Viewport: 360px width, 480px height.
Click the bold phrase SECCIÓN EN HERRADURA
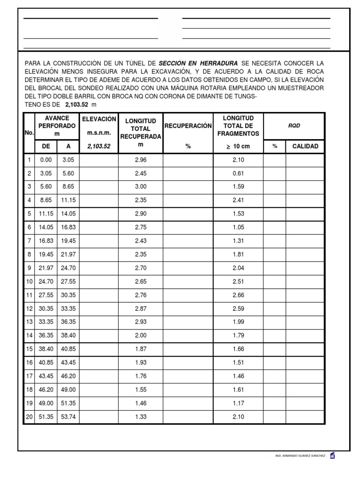pyautogui.click(x=198, y=63)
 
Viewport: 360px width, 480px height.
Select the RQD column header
pyautogui.click(x=293, y=126)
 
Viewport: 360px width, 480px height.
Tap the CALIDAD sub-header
pyautogui.click(x=305, y=146)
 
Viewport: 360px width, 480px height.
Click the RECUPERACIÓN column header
pyautogui.click(x=188, y=126)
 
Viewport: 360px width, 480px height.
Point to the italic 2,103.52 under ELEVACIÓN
pyautogui.click(x=98, y=146)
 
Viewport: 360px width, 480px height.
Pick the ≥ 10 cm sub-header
pyautogui.click(x=238, y=146)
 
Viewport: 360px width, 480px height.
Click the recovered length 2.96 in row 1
pyautogui.click(x=141, y=160)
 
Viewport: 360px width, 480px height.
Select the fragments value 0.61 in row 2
pyautogui.click(x=238, y=173)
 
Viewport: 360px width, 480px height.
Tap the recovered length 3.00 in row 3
pyautogui.click(x=141, y=186)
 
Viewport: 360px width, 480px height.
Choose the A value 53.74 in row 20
pyautogui.click(x=68, y=417)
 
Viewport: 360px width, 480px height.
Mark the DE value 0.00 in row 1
pyautogui.click(x=46, y=160)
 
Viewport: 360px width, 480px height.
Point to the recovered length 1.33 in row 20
pyautogui.click(x=141, y=417)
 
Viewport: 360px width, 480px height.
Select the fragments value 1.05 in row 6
pyautogui.click(x=238, y=227)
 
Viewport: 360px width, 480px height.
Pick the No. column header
pyautogui.click(x=29, y=133)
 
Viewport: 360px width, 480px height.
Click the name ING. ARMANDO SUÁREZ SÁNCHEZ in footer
pyautogui.click(x=300, y=456)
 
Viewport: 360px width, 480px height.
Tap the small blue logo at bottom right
pyautogui.click(x=332, y=455)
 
